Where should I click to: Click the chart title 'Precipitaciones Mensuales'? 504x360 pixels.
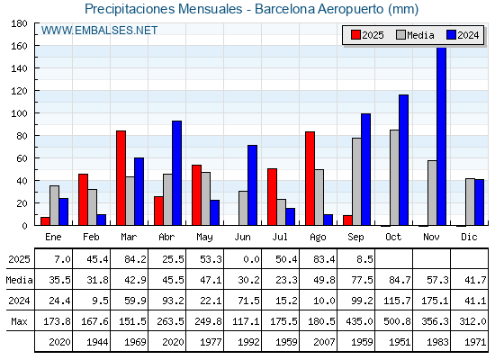(163, 9)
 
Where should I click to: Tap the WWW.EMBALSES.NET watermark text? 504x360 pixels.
(99, 31)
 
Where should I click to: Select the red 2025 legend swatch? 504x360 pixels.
(355, 35)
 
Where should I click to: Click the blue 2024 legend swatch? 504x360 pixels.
(451, 35)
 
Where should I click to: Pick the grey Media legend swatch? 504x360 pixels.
(400, 35)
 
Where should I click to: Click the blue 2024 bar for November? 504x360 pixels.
(442, 136)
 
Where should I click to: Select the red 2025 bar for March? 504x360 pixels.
(121, 178)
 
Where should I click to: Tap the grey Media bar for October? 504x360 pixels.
(395, 178)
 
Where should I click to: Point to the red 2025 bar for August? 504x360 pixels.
(310, 178)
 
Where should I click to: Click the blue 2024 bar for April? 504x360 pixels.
(176, 173)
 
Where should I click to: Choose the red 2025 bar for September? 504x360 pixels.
(347, 220)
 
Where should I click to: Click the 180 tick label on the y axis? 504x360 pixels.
(19, 23)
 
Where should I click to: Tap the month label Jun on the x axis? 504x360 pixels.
(242, 238)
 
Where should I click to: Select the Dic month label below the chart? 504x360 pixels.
(469, 237)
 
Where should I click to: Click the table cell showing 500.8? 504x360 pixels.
(397, 321)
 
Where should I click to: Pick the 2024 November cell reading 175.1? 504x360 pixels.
(435, 301)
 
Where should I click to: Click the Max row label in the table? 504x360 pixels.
(19, 321)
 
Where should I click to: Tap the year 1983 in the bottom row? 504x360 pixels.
(437, 342)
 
